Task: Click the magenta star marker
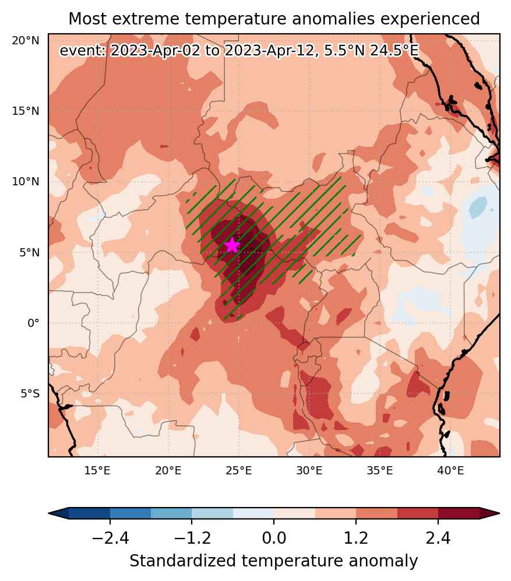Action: [232, 245]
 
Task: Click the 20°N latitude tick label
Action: [25, 40]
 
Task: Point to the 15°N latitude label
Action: [25, 111]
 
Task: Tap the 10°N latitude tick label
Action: [25, 182]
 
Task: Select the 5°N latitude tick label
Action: [29, 252]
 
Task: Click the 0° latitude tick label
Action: [33, 323]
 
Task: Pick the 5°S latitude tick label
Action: [30, 393]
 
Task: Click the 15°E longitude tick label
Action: [97, 471]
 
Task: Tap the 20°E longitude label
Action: [168, 471]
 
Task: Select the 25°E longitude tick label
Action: [239, 471]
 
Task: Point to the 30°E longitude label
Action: [309, 471]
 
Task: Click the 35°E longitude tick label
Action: [380, 471]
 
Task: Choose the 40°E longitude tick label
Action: [450, 471]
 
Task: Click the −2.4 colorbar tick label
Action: [110, 537]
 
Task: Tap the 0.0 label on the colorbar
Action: [274, 537]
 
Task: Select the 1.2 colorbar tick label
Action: [356, 537]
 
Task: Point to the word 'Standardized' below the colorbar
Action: [182, 561]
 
